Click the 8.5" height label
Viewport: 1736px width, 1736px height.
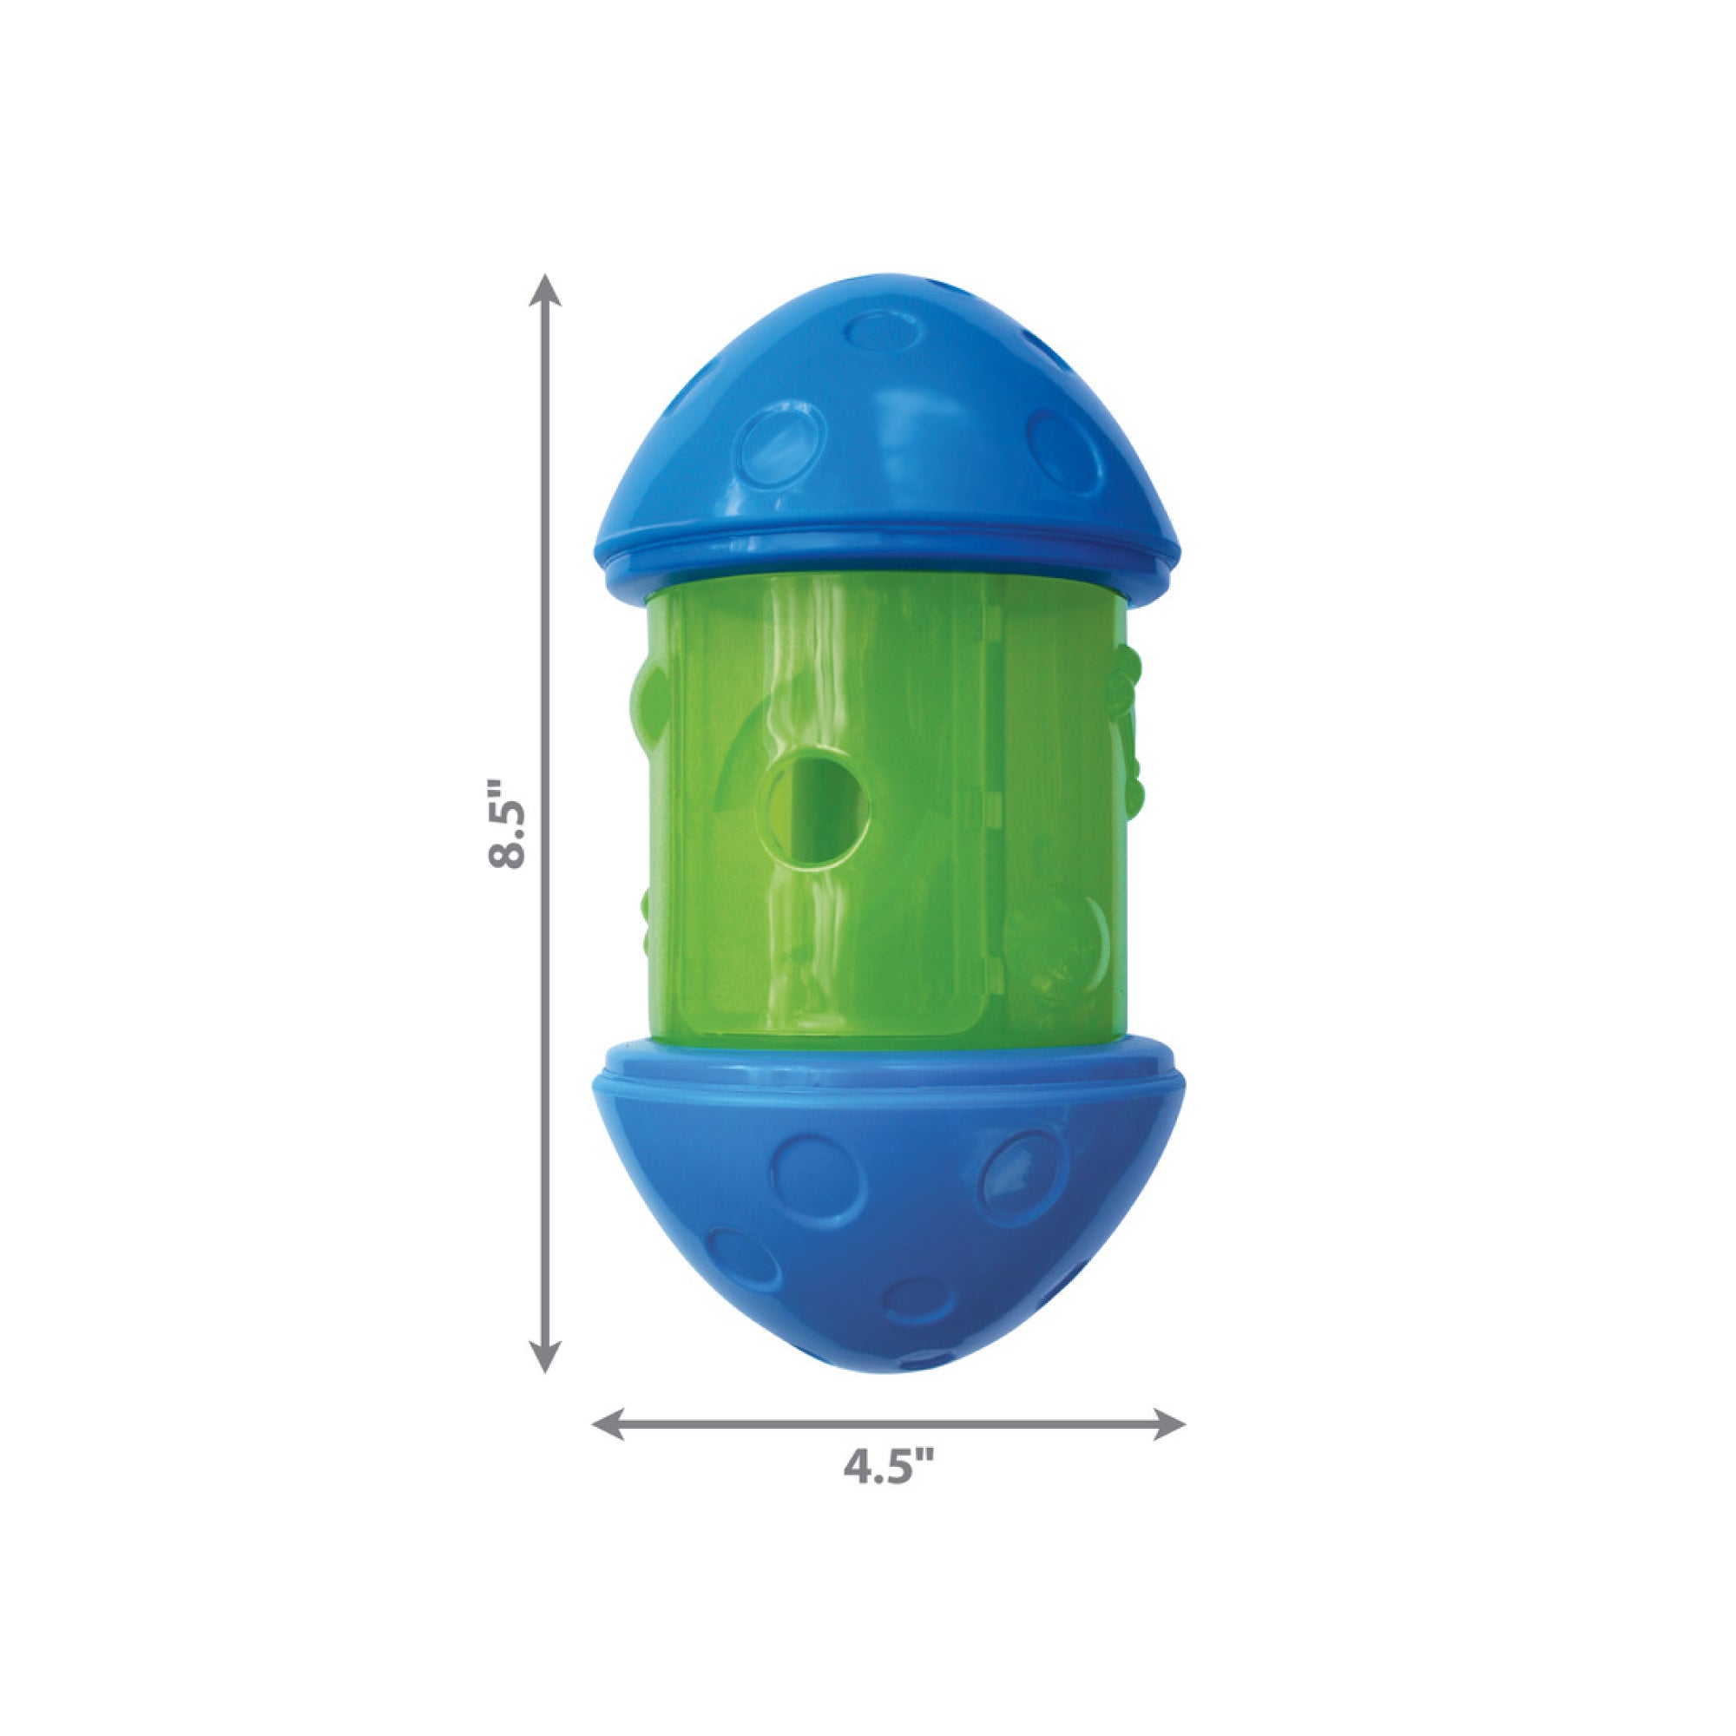(507, 824)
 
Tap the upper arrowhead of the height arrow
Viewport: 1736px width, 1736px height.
(544, 293)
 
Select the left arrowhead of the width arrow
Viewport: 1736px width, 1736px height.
(609, 1425)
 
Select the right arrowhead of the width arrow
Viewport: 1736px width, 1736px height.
(1168, 1425)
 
